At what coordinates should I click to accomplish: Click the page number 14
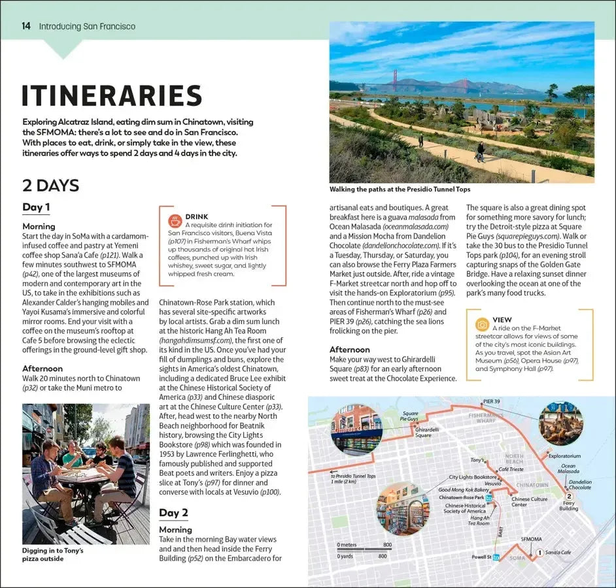point(26,26)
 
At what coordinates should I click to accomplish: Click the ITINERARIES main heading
point(112,95)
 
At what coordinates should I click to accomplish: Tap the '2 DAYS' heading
point(50,186)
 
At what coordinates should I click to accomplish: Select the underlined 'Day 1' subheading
point(36,208)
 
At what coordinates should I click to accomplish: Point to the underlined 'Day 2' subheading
point(173,512)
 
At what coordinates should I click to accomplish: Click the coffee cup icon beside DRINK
point(175,221)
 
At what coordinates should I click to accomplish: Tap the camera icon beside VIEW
point(483,324)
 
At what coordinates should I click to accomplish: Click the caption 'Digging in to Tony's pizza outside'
point(52,555)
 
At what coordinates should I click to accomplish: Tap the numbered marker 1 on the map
point(539,553)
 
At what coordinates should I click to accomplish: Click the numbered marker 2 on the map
point(569,496)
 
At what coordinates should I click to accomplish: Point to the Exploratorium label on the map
point(564,456)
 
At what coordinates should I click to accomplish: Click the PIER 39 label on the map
point(492,401)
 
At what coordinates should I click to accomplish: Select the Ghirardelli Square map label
point(423,433)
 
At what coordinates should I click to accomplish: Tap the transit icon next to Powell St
point(496,557)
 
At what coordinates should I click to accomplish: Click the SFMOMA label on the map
point(531,539)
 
